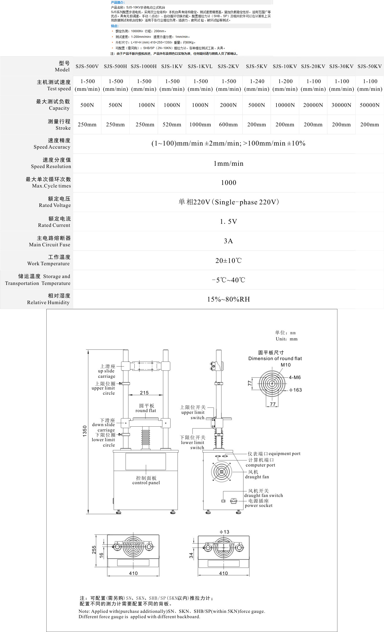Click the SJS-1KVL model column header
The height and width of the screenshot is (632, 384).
(200, 66)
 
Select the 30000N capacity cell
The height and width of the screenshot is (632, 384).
(341, 105)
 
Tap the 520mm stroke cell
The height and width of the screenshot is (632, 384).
(172, 125)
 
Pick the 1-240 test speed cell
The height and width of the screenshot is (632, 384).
(257, 85)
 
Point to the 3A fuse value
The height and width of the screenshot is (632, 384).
(228, 241)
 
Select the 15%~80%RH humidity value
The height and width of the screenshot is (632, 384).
(228, 299)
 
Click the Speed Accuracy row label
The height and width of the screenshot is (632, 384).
(52, 144)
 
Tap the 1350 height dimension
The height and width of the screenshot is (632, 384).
(85, 431)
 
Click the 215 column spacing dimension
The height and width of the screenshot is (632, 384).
(144, 393)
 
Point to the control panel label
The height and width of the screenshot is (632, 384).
(146, 480)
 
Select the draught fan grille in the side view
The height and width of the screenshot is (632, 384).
(221, 472)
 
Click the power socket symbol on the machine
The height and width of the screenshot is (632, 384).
(233, 501)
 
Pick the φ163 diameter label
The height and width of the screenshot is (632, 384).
(295, 390)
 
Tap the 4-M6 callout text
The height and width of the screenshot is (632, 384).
(295, 378)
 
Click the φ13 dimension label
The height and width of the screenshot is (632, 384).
(224, 532)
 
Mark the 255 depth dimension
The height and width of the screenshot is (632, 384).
(94, 550)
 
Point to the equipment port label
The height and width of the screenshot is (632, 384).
(274, 454)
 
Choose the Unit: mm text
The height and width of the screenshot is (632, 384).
(286, 339)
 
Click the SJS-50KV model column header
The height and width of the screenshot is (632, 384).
(369, 66)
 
